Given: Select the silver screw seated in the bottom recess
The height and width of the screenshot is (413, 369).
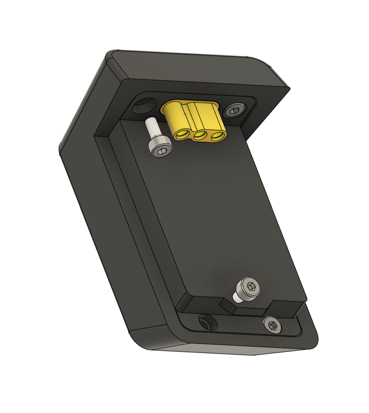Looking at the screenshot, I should click(272, 325).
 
